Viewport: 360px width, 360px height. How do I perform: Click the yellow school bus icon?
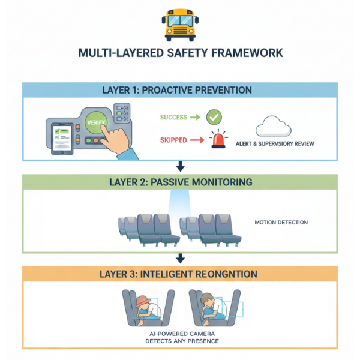[x=180, y=25]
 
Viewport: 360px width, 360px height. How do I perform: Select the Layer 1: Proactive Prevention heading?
[x=180, y=90]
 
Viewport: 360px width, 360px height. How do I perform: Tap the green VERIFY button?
[x=98, y=122]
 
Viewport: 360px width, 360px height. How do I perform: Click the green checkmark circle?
[x=214, y=118]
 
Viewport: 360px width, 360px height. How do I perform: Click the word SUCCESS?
[x=174, y=118]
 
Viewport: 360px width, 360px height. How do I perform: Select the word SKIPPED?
[x=173, y=140]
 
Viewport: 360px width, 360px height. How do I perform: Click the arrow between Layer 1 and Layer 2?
[x=180, y=166]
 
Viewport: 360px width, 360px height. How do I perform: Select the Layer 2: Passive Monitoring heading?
[x=180, y=182]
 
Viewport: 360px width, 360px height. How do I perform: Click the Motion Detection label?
[x=281, y=223]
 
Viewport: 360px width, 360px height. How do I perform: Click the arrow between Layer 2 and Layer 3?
[x=180, y=258]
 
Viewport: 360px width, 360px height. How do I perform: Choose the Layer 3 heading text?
[x=180, y=274]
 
